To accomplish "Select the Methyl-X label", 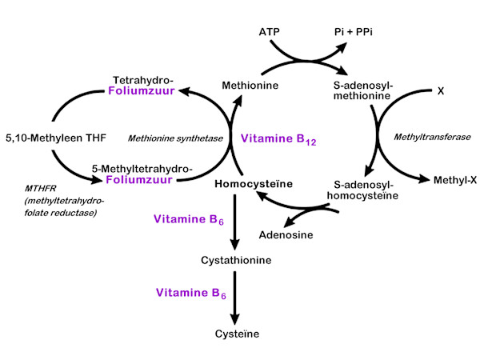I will coord(455,180).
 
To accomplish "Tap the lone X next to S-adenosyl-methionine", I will coord(440,91).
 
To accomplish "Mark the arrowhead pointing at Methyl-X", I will coord(426,178).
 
